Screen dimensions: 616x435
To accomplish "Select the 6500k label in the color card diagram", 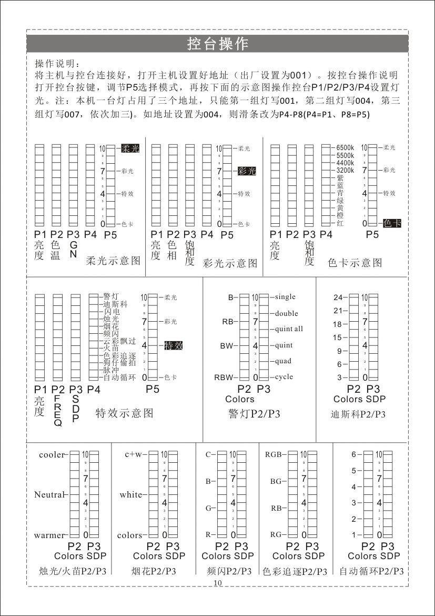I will [345, 148].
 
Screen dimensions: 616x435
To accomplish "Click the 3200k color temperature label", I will [345, 171].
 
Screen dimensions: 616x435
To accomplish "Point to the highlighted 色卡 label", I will [392, 223].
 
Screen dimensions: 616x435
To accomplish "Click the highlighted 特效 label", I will [174, 345].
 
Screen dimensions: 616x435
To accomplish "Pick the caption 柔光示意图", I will [114, 260].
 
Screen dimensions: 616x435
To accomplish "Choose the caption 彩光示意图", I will [230, 263].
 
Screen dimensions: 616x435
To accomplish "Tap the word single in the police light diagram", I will [285, 297].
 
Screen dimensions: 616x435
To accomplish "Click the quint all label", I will [289, 329].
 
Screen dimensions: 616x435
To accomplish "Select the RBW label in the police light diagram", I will [223, 377].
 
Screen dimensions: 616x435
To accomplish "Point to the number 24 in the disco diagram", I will [337, 297].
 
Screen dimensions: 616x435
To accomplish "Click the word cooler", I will [51, 454].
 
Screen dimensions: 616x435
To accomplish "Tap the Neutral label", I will [49, 495].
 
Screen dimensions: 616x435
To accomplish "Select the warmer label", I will [49, 535].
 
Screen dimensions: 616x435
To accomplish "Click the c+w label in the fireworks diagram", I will [133, 454].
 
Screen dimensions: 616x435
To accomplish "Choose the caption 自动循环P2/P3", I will [371, 571].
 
